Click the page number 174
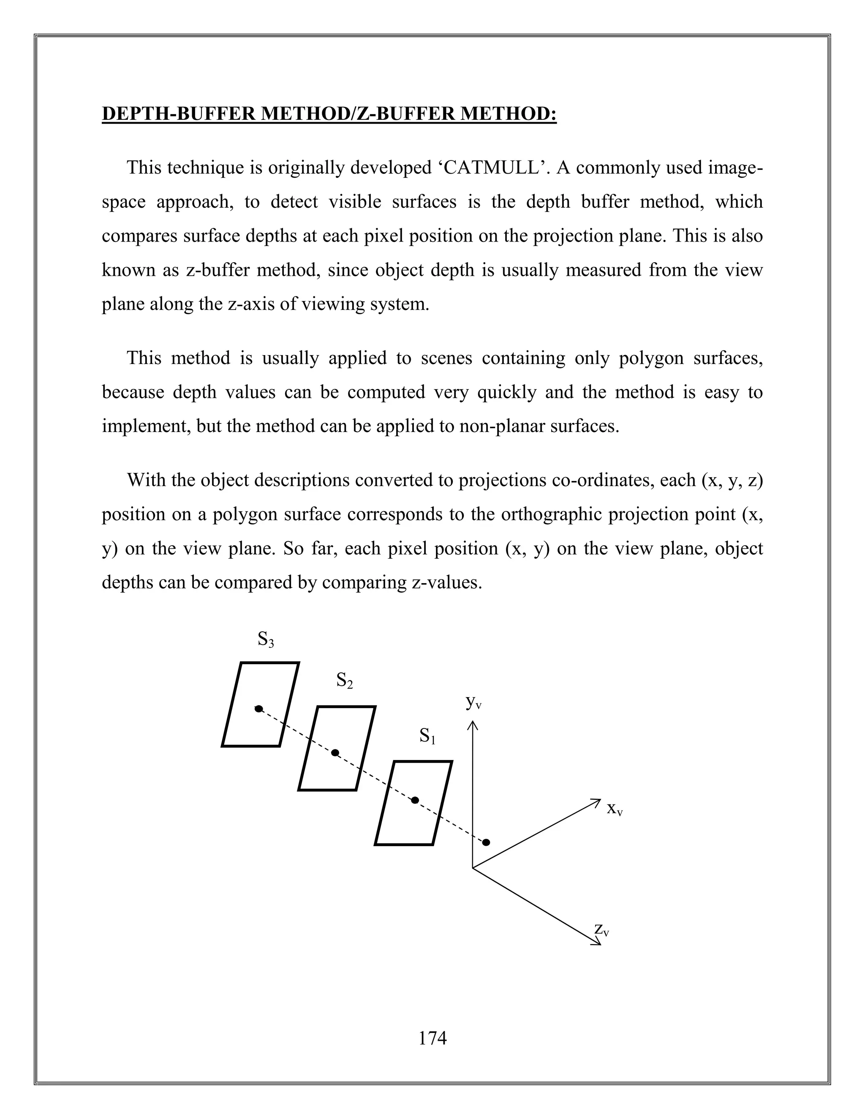(x=432, y=1038)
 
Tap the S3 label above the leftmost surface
(x=265, y=639)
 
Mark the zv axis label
(x=601, y=929)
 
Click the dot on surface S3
(x=259, y=709)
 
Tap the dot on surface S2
(x=335, y=752)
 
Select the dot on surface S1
(x=415, y=800)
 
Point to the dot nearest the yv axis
(x=486, y=842)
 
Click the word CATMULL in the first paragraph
(x=492, y=168)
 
